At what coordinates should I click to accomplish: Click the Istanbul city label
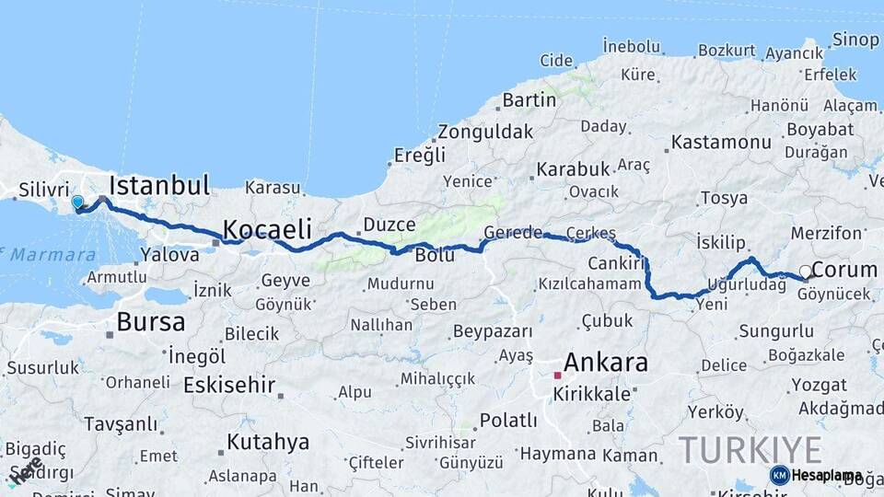tap(159, 184)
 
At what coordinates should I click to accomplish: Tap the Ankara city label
tap(605, 362)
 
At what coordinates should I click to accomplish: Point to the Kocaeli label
tap(267, 228)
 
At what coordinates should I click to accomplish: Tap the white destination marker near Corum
tap(806, 272)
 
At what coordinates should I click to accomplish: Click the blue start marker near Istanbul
tap(77, 202)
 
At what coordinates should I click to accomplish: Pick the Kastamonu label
tap(721, 143)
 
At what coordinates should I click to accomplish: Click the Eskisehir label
tap(229, 385)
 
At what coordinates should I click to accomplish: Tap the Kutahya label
tap(268, 442)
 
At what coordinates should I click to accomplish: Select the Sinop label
tap(855, 40)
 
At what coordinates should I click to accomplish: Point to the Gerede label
tap(514, 233)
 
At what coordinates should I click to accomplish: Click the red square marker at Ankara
tap(557, 376)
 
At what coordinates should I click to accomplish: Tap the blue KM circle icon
tap(780, 475)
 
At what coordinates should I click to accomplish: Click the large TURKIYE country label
tap(750, 450)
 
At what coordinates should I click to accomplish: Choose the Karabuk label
tap(574, 169)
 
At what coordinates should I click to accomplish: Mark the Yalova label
tap(170, 255)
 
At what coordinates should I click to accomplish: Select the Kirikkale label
tap(592, 394)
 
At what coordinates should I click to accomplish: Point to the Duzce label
tap(390, 224)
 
